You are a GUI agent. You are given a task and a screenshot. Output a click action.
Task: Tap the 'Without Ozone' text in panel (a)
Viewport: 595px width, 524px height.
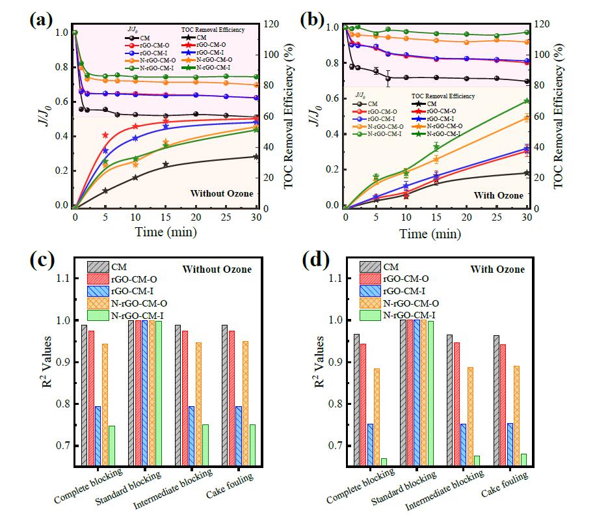point(219,193)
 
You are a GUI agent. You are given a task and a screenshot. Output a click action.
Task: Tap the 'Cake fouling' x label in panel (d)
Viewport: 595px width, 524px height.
point(504,488)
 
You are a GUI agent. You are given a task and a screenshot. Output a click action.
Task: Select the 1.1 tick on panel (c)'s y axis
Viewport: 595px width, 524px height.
point(64,279)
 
